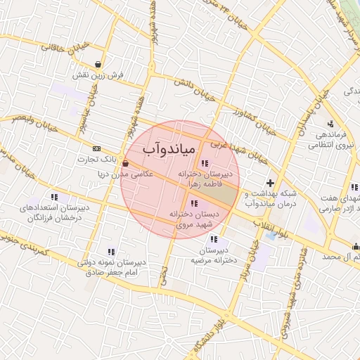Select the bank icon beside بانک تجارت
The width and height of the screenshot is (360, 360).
pos(96,148)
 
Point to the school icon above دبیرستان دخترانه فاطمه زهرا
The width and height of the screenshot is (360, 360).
pos(204,164)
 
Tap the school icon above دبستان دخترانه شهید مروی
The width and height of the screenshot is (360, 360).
pos(194,204)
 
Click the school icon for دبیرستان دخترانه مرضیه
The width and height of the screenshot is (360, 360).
pos(214,240)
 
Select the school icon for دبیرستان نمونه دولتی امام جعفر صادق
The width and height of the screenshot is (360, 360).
pos(111,251)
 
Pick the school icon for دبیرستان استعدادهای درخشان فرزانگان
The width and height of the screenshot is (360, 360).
pos(54,198)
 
